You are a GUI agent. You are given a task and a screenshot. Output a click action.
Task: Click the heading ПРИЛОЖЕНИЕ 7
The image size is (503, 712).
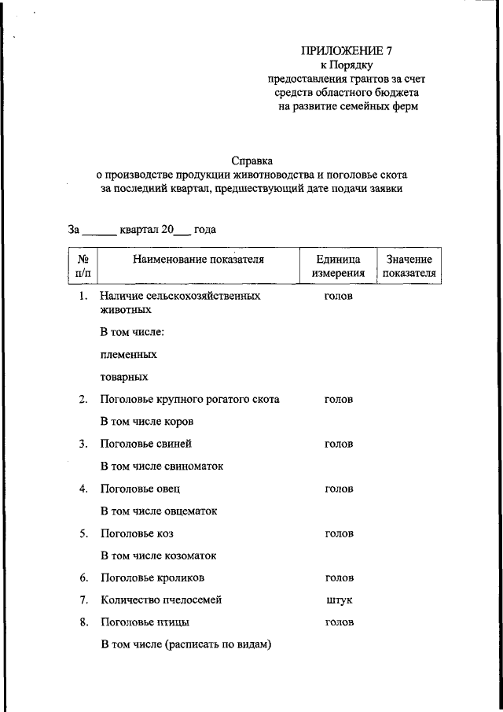[x=346, y=51]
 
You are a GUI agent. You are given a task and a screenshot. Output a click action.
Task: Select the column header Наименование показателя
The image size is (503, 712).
[x=198, y=259]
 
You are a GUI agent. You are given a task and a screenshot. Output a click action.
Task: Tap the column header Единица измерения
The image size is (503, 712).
[x=338, y=266]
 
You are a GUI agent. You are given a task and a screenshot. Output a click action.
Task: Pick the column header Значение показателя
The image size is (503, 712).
[x=409, y=266]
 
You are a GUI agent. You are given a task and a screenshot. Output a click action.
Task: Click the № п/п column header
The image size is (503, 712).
[x=83, y=266]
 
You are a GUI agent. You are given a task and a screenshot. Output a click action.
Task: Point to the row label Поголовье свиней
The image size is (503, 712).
[x=145, y=444]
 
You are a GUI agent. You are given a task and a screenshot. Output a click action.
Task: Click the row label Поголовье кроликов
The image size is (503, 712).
[x=152, y=577]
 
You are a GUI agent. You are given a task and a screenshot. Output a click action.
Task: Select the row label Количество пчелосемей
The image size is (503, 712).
[x=161, y=599]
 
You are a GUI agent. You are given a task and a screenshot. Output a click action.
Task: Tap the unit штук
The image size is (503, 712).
[x=339, y=599]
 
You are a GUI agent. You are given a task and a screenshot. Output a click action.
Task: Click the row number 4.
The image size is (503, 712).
[x=83, y=489]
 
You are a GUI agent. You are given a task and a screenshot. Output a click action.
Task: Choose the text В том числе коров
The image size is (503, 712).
[x=147, y=422]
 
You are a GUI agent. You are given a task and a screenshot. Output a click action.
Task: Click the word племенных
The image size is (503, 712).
[x=128, y=354]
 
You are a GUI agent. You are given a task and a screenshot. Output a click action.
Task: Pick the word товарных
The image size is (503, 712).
[x=125, y=377]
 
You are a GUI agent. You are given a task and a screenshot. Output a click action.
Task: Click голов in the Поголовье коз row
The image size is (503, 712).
[x=339, y=533]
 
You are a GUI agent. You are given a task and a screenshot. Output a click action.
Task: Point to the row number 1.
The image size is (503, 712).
[x=83, y=297]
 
